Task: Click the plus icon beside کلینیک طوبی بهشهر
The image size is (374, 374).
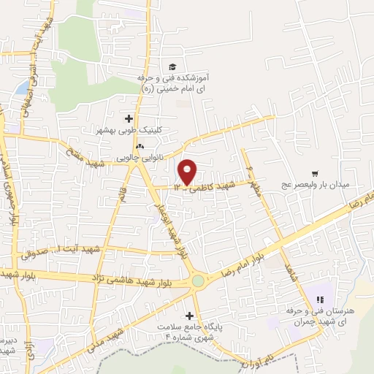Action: [129, 118]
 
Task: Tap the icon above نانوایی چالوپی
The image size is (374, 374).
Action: [138, 146]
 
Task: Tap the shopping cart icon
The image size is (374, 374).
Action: [315, 174]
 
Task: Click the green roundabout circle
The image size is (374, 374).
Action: [197, 280]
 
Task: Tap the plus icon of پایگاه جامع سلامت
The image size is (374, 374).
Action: [191, 316]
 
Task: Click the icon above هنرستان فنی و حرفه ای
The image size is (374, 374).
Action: [318, 298]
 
